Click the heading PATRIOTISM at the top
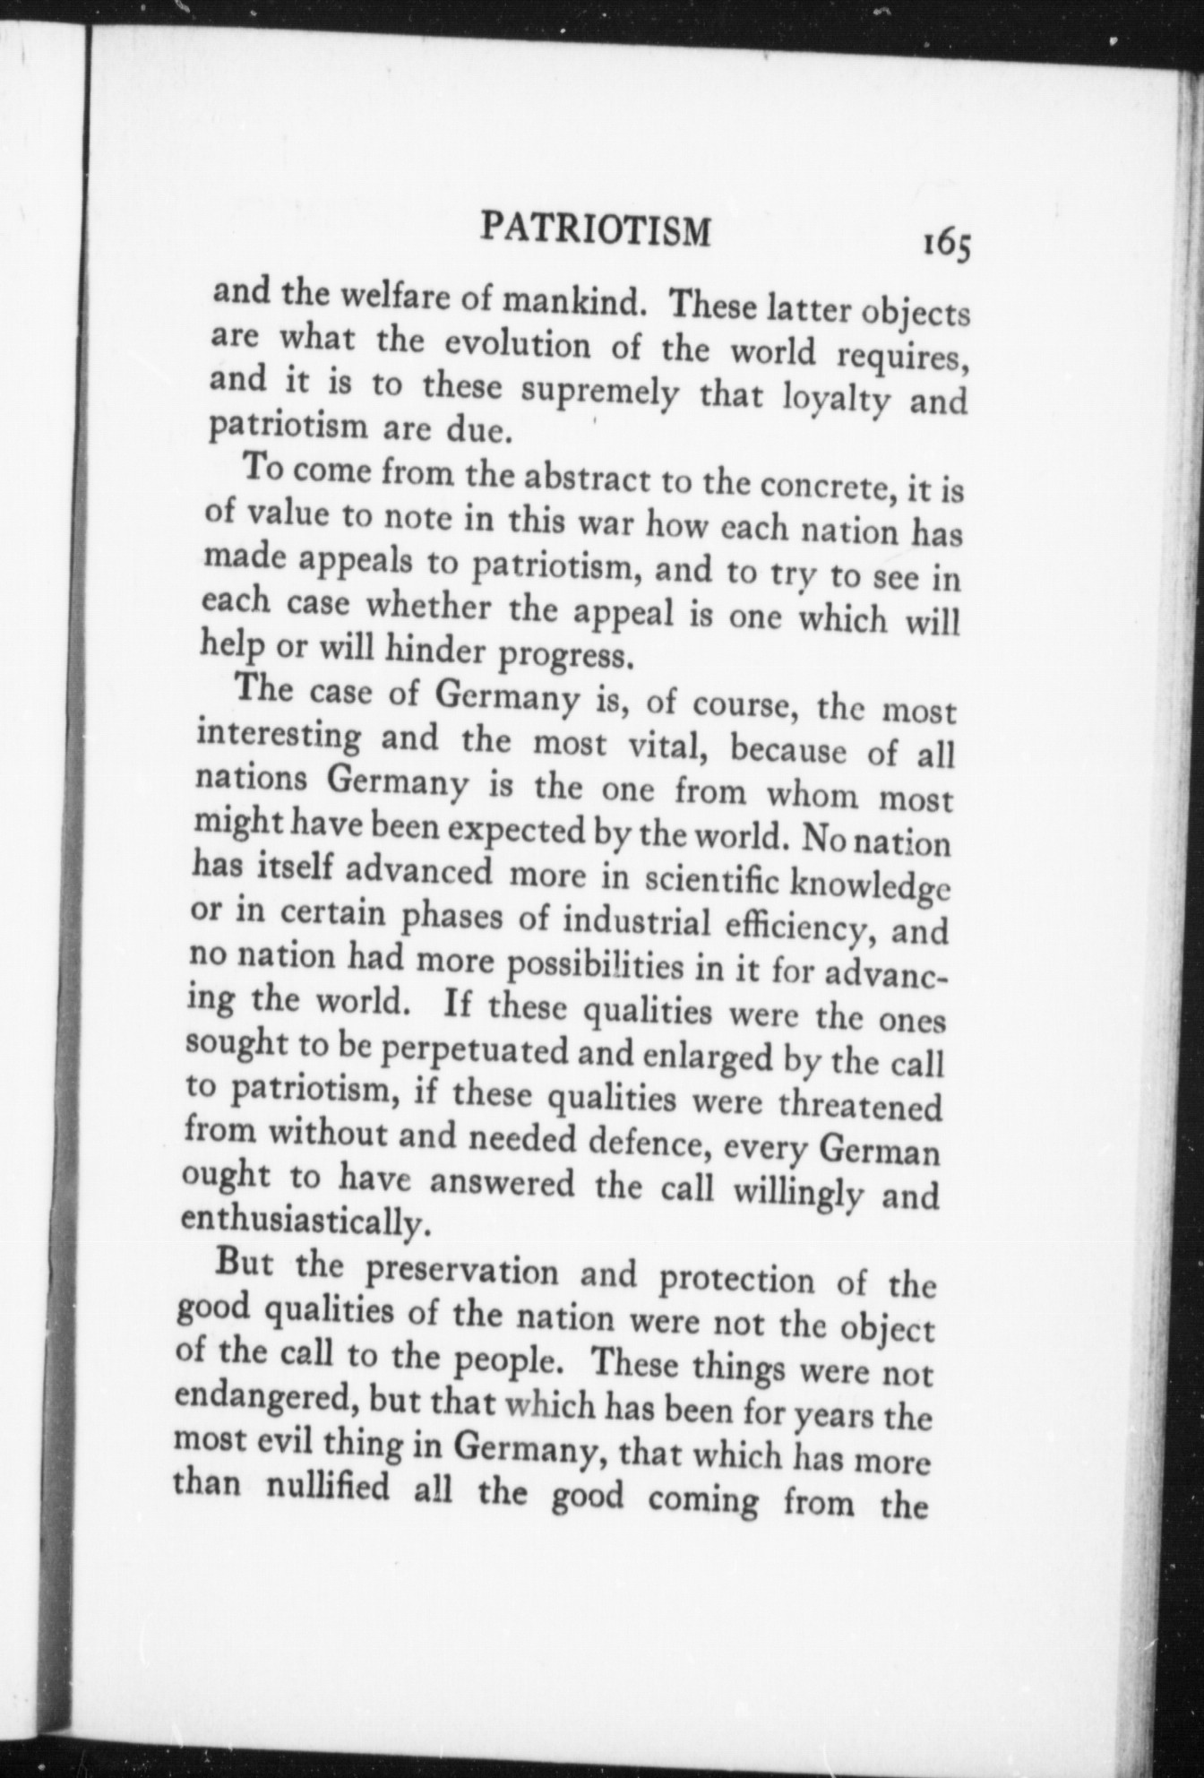[596, 230]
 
